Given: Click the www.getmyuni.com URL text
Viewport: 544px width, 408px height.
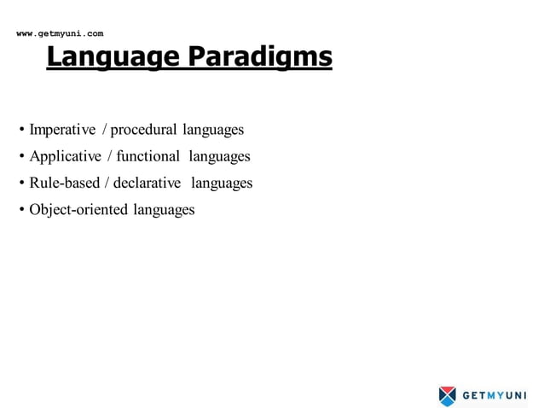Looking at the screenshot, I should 60,33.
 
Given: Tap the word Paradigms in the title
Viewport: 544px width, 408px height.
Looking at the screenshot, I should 258,57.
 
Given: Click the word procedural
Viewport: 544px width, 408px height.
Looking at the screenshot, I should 143,130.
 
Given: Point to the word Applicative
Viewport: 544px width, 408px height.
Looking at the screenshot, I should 65,156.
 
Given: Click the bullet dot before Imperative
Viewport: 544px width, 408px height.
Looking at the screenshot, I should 21,131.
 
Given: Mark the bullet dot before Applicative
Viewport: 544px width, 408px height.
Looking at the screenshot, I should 21,157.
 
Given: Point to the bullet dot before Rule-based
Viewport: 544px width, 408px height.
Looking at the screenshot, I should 21,184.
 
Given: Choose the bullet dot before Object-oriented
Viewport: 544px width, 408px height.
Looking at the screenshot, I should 21,210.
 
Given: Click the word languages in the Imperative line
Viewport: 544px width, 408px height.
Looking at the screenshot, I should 213,130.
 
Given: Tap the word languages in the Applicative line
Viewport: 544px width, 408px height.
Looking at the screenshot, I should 219,156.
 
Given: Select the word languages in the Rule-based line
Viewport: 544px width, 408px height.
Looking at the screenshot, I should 222,183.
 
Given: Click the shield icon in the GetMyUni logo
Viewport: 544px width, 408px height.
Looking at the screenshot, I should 448,395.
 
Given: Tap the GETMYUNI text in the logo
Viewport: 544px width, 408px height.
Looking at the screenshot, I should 494,395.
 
